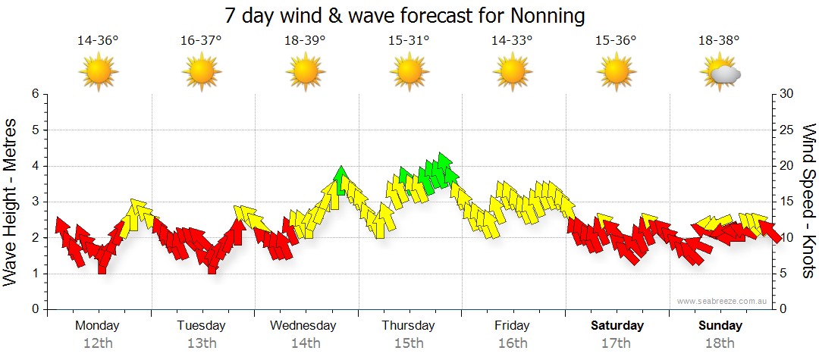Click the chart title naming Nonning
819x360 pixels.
(405, 16)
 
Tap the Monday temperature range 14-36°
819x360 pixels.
(98, 41)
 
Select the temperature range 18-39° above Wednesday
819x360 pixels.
(305, 41)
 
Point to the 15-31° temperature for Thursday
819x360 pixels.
(409, 41)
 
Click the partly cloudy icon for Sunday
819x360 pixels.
(720, 73)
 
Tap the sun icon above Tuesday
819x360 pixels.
(201, 73)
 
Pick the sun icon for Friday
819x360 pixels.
(512, 73)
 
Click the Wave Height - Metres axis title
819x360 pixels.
(11, 202)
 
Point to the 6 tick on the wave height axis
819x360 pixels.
(34, 94)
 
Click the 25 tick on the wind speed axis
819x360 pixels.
(787, 130)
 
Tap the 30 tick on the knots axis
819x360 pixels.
(787, 94)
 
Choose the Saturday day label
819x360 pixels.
(617, 326)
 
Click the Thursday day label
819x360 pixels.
(408, 326)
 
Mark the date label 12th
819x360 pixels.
(98, 343)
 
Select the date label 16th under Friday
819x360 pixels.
(513, 343)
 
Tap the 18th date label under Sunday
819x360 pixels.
(720, 343)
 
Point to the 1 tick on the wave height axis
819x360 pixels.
(34, 274)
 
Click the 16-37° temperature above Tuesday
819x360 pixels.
(201, 41)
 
